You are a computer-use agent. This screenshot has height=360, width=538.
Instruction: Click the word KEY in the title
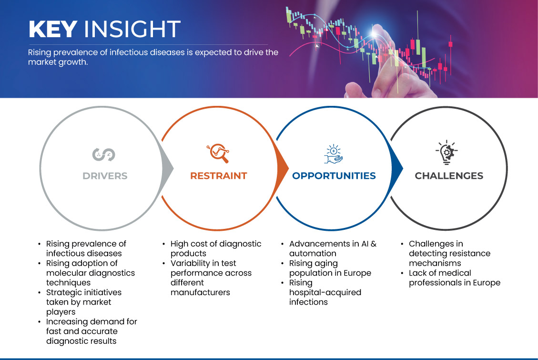[x=52, y=30]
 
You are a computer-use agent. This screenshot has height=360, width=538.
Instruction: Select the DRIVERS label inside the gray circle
[x=105, y=176]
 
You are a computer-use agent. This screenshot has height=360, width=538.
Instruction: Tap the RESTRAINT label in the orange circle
[x=218, y=176]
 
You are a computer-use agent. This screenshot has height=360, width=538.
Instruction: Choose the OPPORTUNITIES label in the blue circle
[x=334, y=176]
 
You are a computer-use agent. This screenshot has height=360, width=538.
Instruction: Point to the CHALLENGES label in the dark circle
[x=449, y=176]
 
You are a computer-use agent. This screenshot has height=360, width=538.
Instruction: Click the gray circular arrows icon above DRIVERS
[x=104, y=154]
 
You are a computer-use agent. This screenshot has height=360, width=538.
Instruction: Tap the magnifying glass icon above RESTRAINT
[x=218, y=153]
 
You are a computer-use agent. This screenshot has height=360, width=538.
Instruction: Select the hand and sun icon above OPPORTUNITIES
[x=333, y=153]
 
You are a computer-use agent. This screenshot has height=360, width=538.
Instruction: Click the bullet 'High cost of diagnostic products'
[x=216, y=248]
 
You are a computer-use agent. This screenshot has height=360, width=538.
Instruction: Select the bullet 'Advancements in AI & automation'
[x=333, y=248]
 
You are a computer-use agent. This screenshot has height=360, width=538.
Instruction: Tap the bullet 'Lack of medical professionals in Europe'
[x=454, y=278]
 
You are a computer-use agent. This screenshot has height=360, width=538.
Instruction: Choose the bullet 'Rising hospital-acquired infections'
[x=325, y=292]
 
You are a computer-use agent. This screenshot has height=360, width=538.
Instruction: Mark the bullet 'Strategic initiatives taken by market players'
[x=83, y=302]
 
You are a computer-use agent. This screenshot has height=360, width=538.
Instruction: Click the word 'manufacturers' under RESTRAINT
[x=200, y=292]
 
